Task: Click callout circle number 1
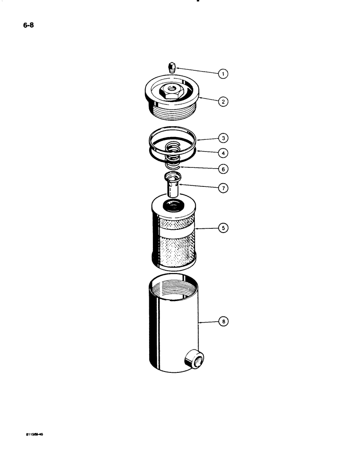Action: (224, 73)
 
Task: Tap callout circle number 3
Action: (224, 138)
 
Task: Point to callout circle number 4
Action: (224, 152)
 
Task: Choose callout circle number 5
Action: (224, 228)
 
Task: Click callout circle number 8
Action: (224, 322)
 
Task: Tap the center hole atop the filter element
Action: (173, 205)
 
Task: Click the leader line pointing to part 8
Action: (209, 322)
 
